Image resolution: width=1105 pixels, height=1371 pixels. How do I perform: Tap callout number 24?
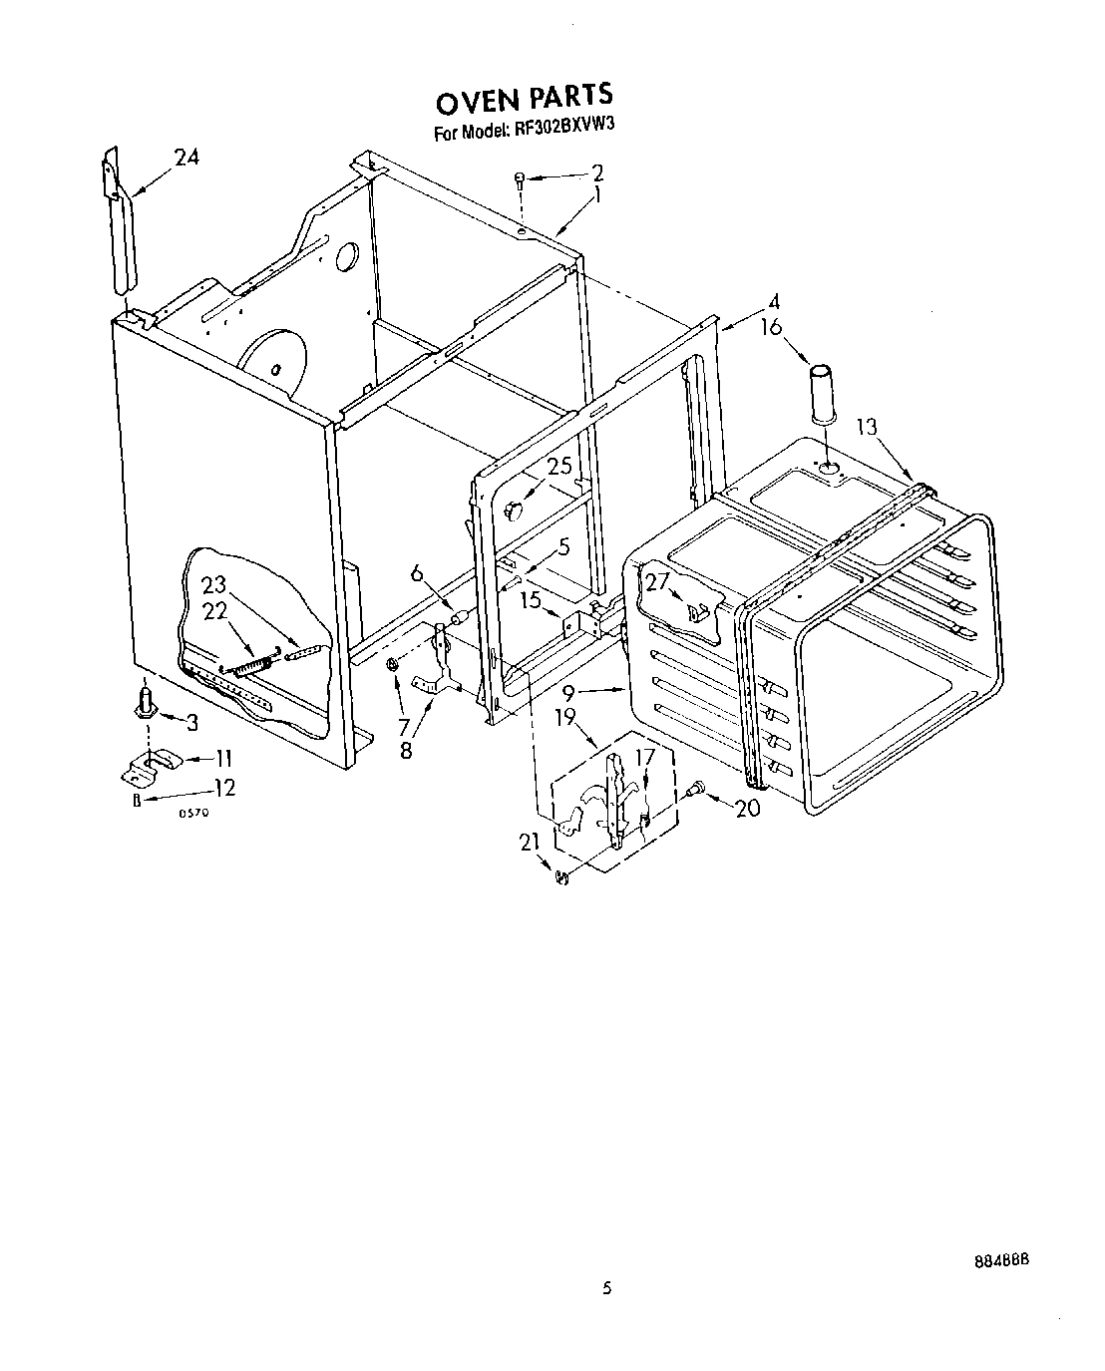point(186,157)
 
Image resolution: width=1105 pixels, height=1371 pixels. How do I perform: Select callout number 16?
point(770,327)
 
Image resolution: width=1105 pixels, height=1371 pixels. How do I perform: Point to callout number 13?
point(866,427)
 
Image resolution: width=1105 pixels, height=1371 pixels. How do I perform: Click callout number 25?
point(559,466)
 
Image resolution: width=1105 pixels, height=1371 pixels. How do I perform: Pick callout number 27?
point(656,583)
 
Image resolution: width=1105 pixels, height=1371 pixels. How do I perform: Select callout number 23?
point(215,586)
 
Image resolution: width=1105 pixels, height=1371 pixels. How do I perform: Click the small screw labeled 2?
point(519,178)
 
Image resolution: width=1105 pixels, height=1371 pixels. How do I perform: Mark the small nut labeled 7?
point(393,662)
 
